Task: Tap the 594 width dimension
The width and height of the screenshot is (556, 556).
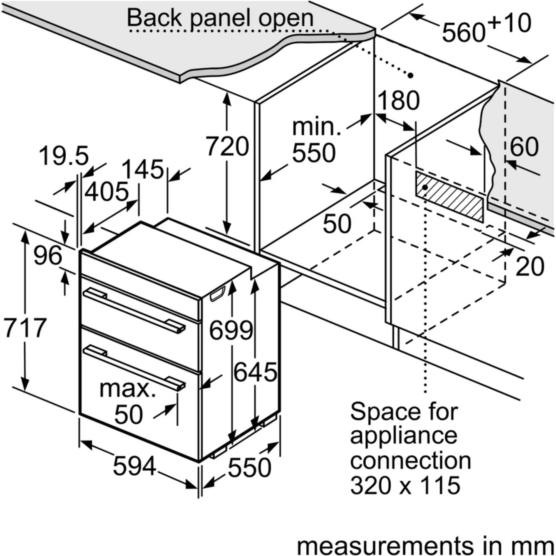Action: [135, 466]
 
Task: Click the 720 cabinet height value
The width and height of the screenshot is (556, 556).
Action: [227, 147]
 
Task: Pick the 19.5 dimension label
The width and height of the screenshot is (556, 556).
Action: [64, 156]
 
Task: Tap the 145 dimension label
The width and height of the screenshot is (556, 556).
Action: [143, 169]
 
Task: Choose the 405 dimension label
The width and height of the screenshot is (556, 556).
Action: [106, 192]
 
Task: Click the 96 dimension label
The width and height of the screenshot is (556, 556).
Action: [48, 255]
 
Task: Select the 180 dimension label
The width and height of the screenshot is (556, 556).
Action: [399, 100]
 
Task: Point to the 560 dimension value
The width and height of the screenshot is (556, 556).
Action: [463, 33]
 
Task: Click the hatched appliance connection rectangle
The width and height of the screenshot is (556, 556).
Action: [449, 196]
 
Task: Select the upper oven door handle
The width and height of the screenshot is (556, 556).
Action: [134, 311]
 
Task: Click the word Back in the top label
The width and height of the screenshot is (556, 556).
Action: [155, 18]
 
